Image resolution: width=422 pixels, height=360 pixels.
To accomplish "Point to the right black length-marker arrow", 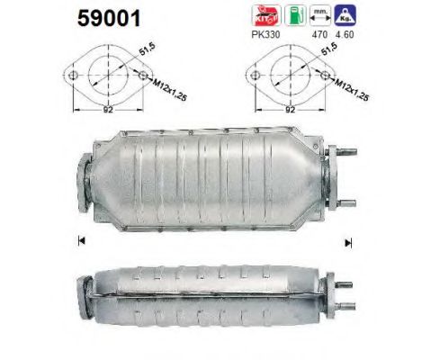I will pyautogui.click(x=347, y=242).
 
